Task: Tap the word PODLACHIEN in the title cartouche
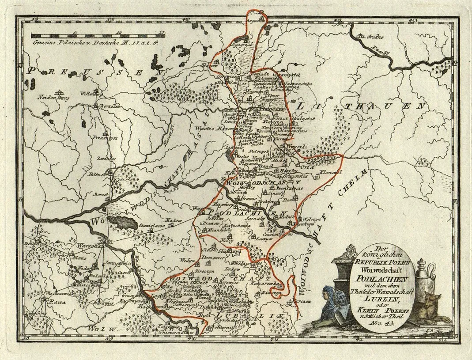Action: pos(375,277)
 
